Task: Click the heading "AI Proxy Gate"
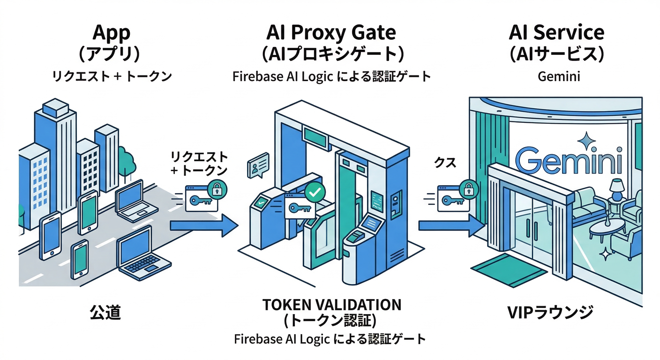click(331, 32)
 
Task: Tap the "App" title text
click(111, 32)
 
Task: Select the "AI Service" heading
click(556, 32)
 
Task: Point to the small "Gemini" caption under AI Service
click(559, 76)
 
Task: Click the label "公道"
click(105, 312)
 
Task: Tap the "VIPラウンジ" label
click(556, 312)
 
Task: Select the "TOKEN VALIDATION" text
click(331, 304)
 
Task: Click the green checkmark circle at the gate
click(313, 192)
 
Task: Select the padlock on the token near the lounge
click(468, 189)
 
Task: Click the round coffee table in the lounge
click(607, 228)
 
